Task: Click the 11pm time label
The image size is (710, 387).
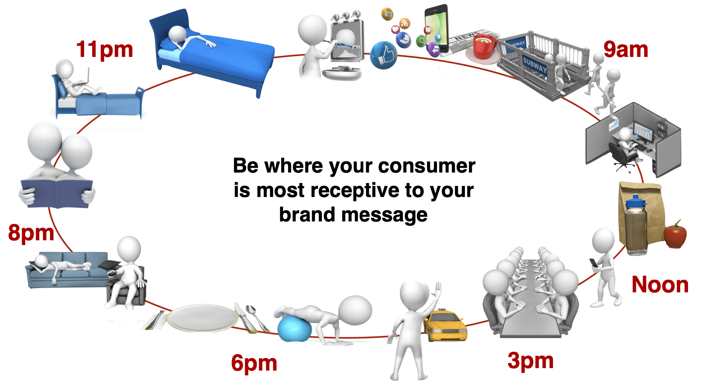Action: (x=105, y=50)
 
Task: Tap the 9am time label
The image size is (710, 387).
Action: (x=626, y=50)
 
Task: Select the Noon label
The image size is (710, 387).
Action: (x=660, y=284)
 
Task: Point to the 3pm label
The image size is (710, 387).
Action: (x=531, y=361)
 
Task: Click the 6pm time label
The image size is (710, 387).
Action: (x=254, y=363)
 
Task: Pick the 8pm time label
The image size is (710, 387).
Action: (x=31, y=233)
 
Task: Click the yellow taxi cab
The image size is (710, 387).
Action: (x=444, y=325)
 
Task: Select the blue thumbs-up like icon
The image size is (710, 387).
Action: (x=384, y=55)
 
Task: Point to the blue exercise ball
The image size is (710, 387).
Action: (x=294, y=328)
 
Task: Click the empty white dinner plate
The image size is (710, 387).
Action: (x=202, y=317)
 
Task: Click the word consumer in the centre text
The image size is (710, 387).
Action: (x=427, y=166)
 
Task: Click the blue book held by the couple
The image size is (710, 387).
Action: (x=57, y=193)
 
